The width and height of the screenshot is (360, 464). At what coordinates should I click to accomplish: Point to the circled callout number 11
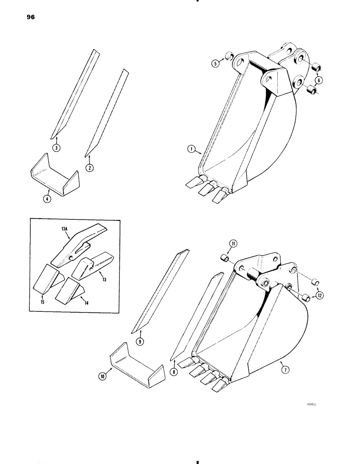(233, 243)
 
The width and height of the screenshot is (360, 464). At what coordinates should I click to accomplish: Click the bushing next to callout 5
(228, 57)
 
